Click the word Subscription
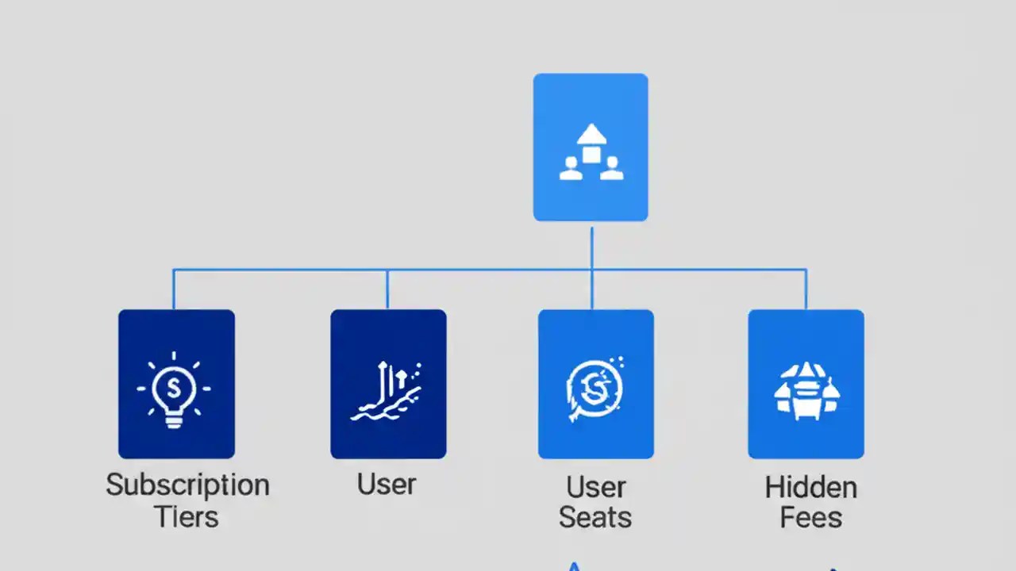(x=187, y=485)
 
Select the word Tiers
(x=187, y=517)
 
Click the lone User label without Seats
(x=387, y=484)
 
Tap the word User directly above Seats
(x=595, y=486)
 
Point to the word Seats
(x=595, y=518)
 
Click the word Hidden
(x=810, y=487)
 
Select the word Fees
(x=810, y=518)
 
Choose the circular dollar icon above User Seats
(x=595, y=388)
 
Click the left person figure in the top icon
(x=570, y=168)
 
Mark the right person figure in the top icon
(x=611, y=168)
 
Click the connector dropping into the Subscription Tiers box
(x=174, y=290)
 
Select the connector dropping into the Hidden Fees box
(x=806, y=290)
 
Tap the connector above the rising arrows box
(x=387, y=290)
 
